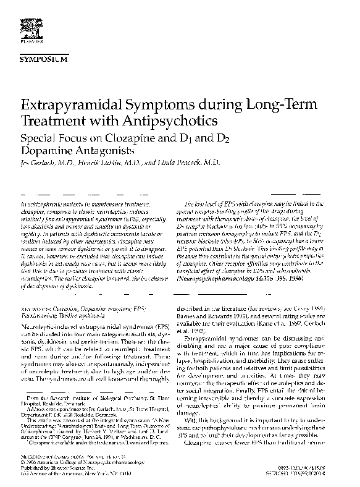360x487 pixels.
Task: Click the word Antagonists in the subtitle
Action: [x=103, y=150]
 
